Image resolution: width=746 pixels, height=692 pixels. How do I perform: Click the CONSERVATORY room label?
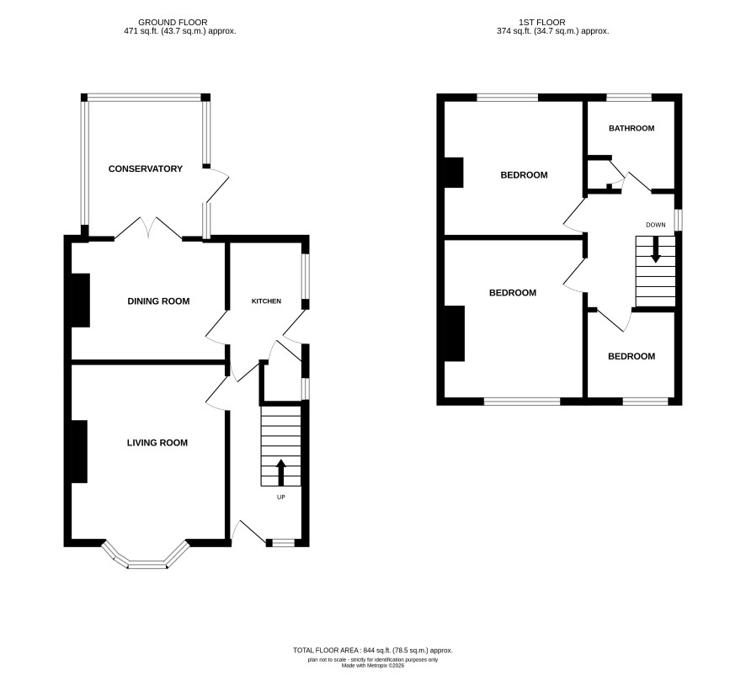[145, 169]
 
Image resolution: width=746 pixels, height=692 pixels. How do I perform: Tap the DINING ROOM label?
[158, 301]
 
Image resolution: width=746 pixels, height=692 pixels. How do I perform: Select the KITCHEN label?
[266, 301]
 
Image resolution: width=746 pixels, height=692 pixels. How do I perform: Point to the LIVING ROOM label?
[157, 443]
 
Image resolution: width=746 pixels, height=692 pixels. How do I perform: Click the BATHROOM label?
[631, 129]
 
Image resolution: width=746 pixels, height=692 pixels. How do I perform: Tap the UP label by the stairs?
[280, 497]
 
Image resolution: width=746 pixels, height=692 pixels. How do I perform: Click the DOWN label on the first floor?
[656, 225]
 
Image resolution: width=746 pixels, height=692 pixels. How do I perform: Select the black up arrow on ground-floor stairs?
[280, 472]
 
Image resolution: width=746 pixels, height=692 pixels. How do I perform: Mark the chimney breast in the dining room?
[80, 300]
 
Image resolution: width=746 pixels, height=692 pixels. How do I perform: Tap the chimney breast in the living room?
[79, 451]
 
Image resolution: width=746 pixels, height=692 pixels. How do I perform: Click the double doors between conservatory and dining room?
[148, 228]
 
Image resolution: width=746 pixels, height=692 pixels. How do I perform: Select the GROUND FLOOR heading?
[173, 23]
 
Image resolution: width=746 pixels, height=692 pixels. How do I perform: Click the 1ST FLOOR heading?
[542, 23]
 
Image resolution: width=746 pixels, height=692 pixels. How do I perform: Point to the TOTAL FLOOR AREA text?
[372, 650]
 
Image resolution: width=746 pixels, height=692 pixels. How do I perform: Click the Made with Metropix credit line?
[372, 666]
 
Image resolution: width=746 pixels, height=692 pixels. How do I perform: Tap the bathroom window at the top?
[629, 98]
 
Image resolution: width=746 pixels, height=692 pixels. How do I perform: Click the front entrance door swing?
[248, 530]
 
